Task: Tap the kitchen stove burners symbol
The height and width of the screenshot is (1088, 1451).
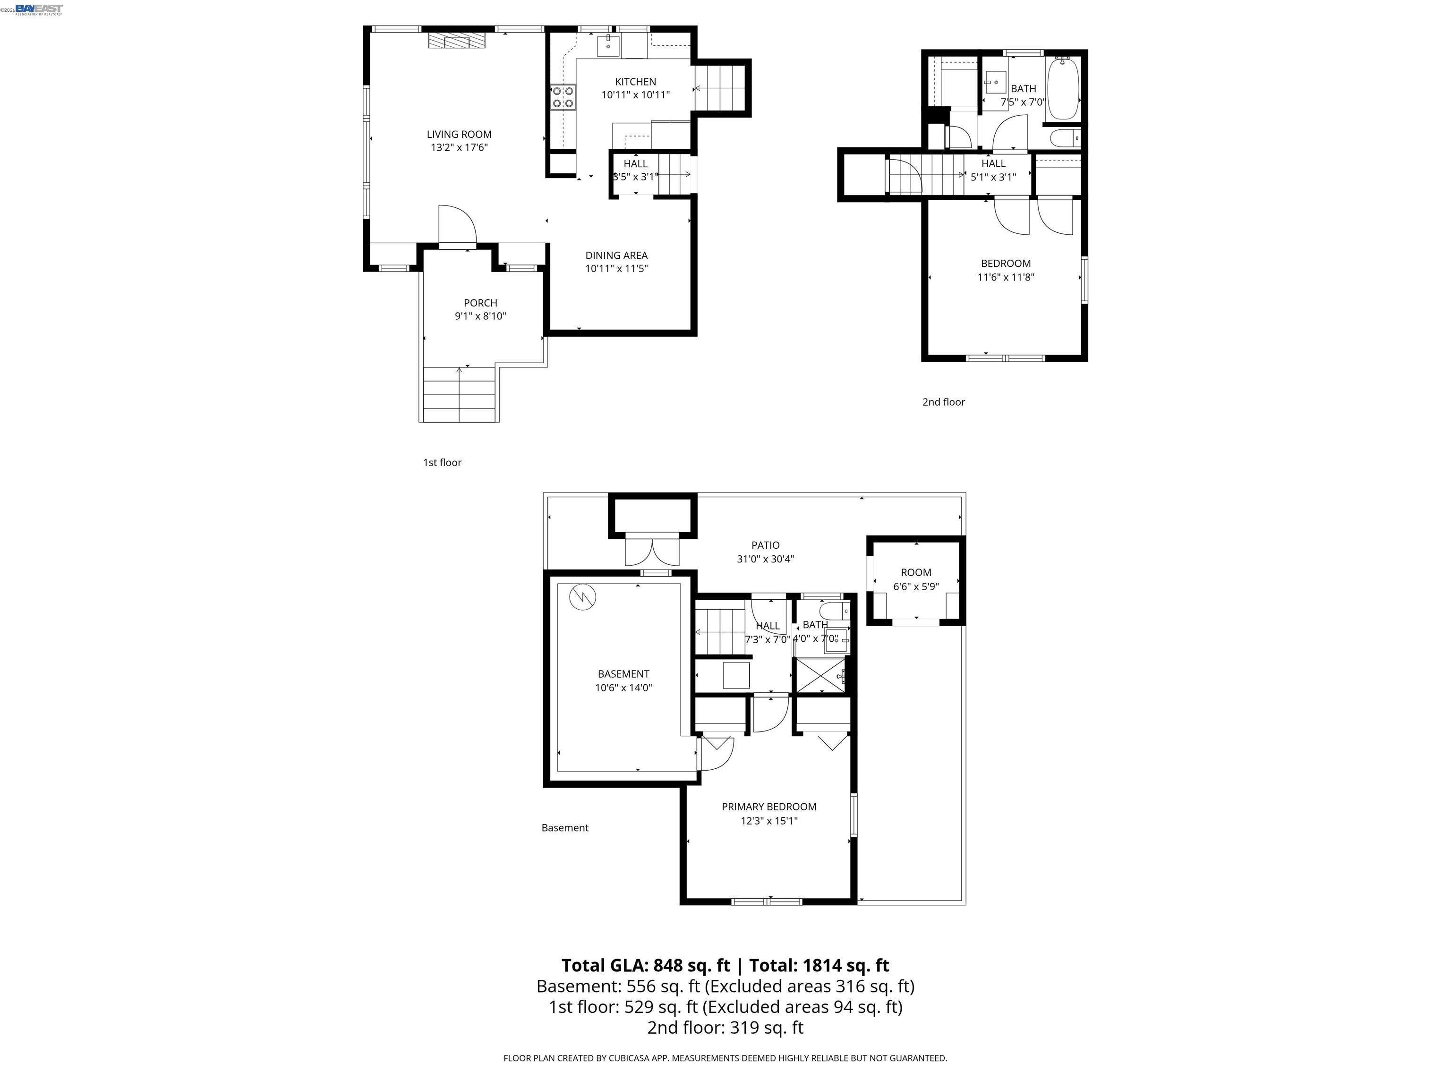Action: click(563, 97)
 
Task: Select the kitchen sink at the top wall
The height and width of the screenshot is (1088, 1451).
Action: click(608, 46)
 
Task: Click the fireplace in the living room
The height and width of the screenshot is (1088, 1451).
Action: click(457, 40)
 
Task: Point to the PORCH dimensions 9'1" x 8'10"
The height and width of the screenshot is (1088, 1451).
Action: click(480, 316)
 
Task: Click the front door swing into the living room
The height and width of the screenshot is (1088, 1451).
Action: click(457, 225)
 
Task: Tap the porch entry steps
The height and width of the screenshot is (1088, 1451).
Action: click(459, 393)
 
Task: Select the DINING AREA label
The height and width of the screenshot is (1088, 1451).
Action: click(616, 255)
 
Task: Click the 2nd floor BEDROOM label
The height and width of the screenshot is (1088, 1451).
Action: click(1005, 263)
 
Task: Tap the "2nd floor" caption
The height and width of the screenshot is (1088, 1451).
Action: click(943, 402)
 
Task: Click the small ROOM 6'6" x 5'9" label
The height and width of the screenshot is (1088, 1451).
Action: click(916, 572)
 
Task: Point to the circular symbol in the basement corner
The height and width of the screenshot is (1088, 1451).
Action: click(582, 597)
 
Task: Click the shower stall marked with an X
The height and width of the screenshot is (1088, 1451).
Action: click(819, 675)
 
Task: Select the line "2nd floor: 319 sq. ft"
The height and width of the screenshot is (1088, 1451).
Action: click(725, 1027)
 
